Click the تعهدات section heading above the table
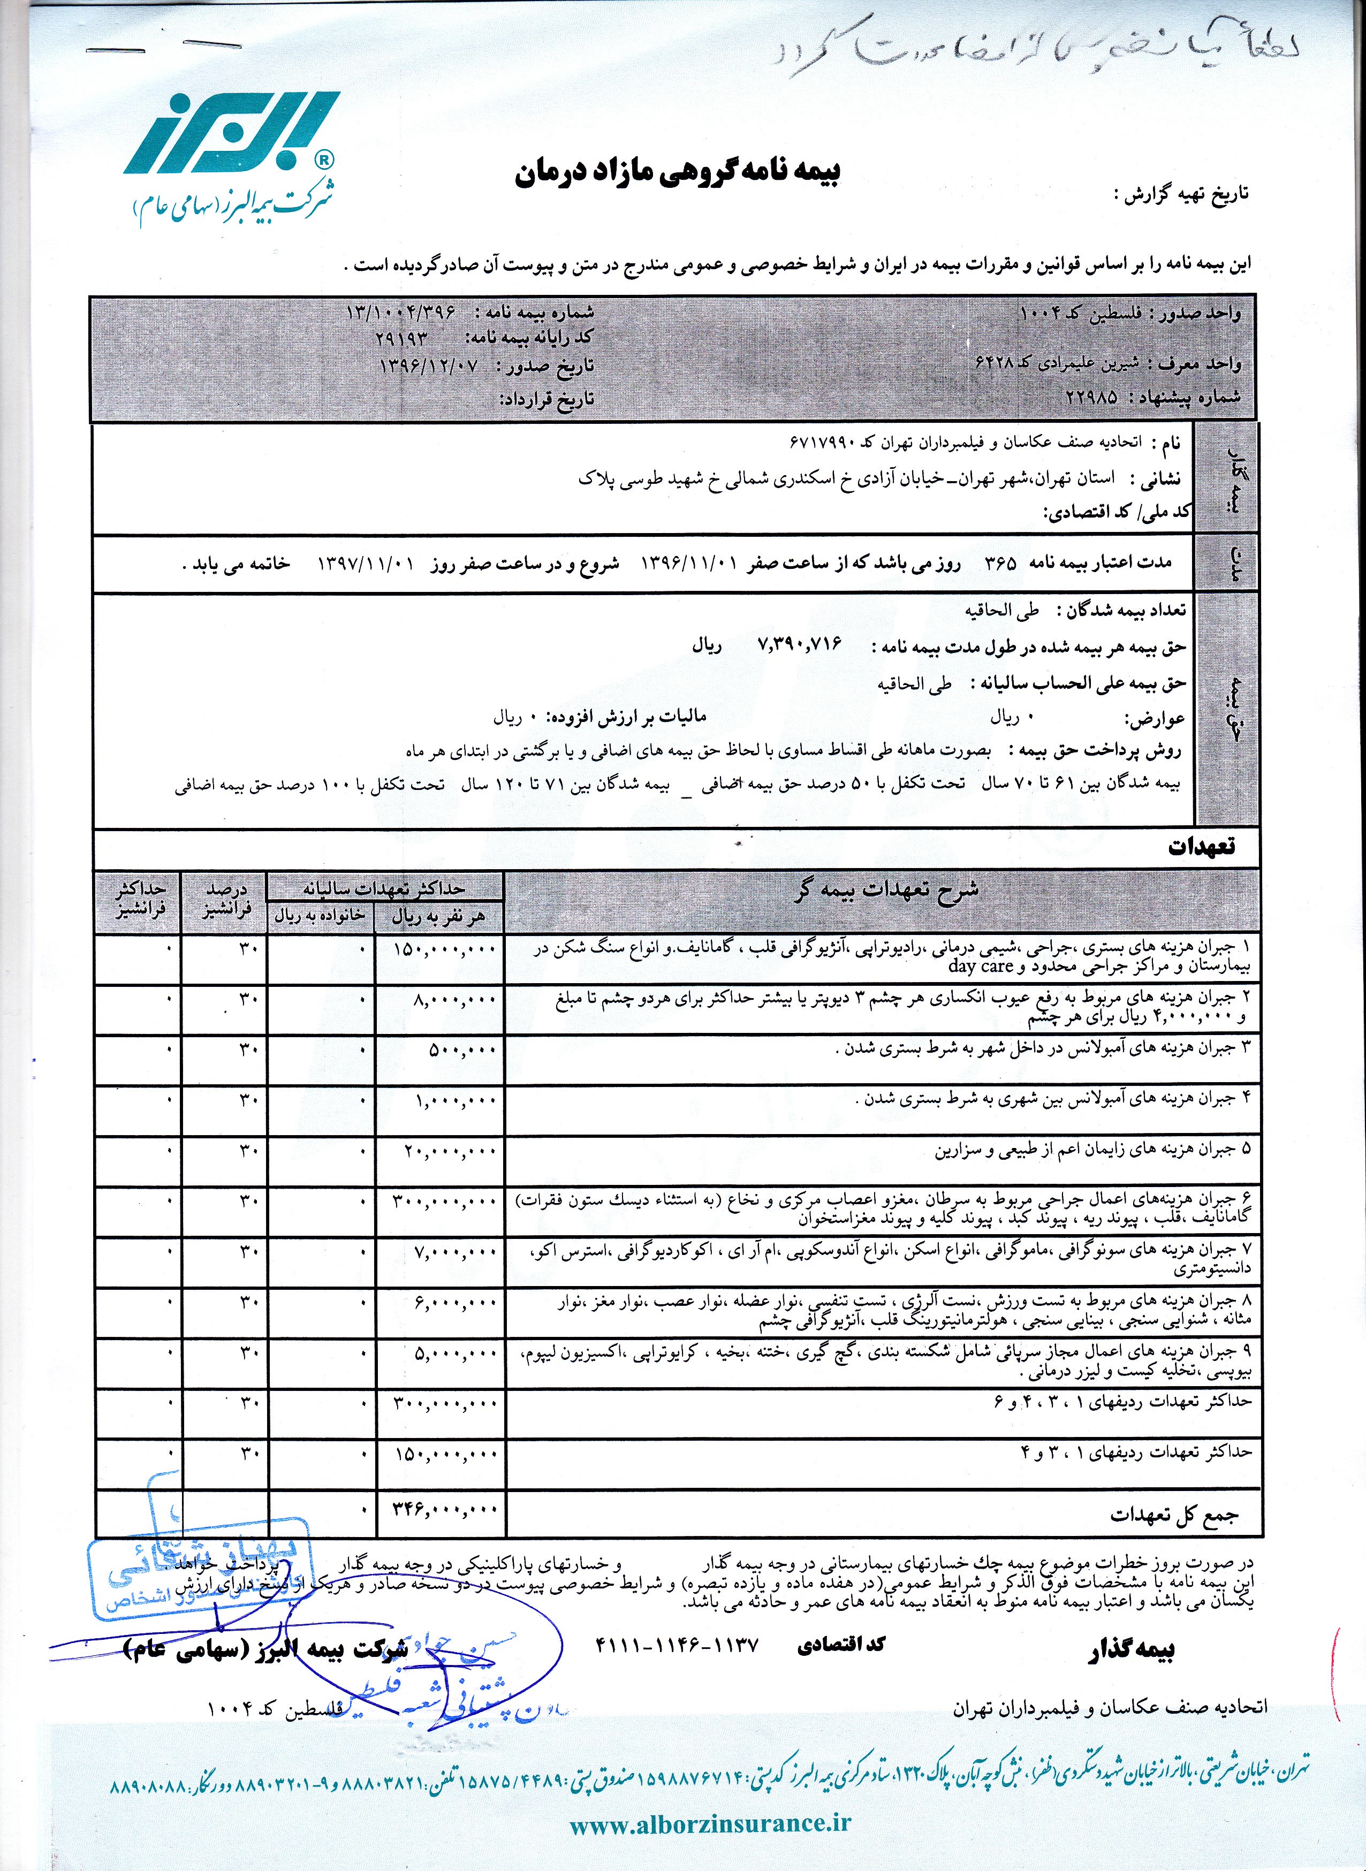pyautogui.click(x=1201, y=846)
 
